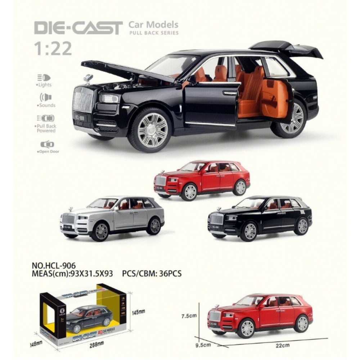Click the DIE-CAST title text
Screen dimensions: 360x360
tap(78, 28)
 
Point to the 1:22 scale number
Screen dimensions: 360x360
tap(53, 49)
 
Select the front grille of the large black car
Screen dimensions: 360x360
tap(83, 100)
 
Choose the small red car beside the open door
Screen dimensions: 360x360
tap(202, 180)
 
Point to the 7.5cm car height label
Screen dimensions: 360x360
tap(188, 316)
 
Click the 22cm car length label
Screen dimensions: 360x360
tap(282, 346)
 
